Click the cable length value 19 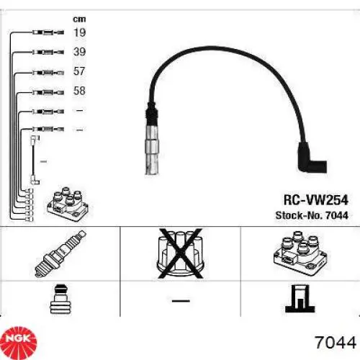tap(79, 32)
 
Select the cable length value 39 tap(79, 52)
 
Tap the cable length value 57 tap(79, 72)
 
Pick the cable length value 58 tap(79, 91)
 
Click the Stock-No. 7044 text tap(307, 216)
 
